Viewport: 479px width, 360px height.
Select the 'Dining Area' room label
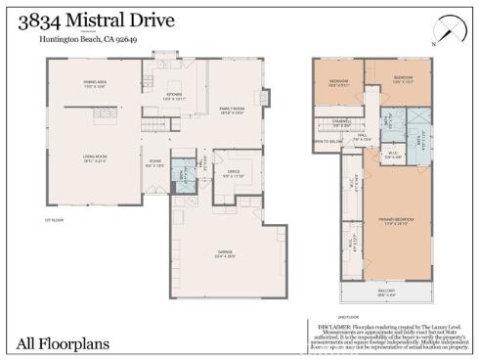pos(94,85)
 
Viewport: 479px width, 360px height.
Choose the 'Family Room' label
pos(231,111)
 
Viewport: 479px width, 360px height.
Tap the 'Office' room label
pos(232,174)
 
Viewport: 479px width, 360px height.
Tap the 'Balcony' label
pos(389,292)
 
